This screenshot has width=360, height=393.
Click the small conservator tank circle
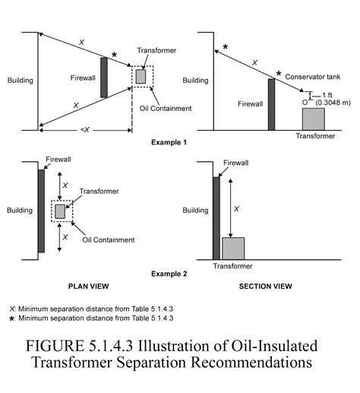tap(305, 100)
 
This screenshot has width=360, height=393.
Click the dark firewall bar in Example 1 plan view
tap(104, 77)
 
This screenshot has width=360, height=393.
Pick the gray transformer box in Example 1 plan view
tap(141, 76)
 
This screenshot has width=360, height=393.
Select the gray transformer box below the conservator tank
tap(314, 119)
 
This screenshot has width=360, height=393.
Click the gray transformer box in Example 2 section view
tap(233, 249)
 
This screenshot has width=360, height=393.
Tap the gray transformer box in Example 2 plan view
tap(60, 211)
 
